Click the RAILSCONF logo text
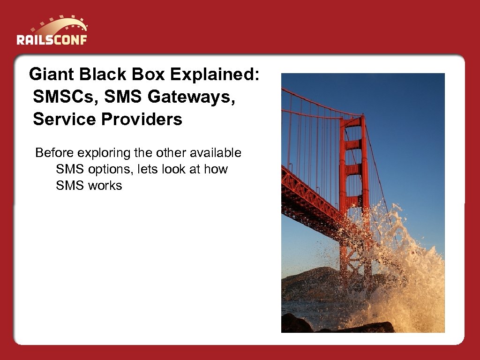(x=52, y=39)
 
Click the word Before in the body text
(x=55, y=153)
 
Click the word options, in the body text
(x=110, y=169)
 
